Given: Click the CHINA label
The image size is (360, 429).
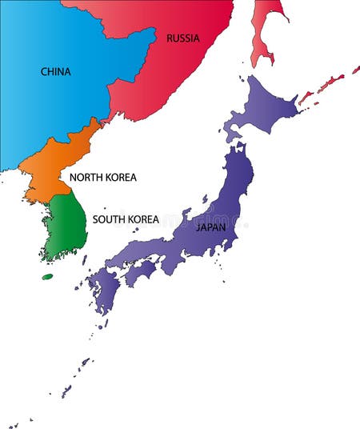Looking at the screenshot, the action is [56, 71].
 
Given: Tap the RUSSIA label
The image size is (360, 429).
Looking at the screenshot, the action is [183, 38].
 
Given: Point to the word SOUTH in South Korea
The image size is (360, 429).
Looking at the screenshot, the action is [109, 219].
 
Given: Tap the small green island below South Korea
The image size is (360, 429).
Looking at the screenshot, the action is [47, 277].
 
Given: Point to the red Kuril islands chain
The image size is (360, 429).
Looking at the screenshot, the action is [324, 86].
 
